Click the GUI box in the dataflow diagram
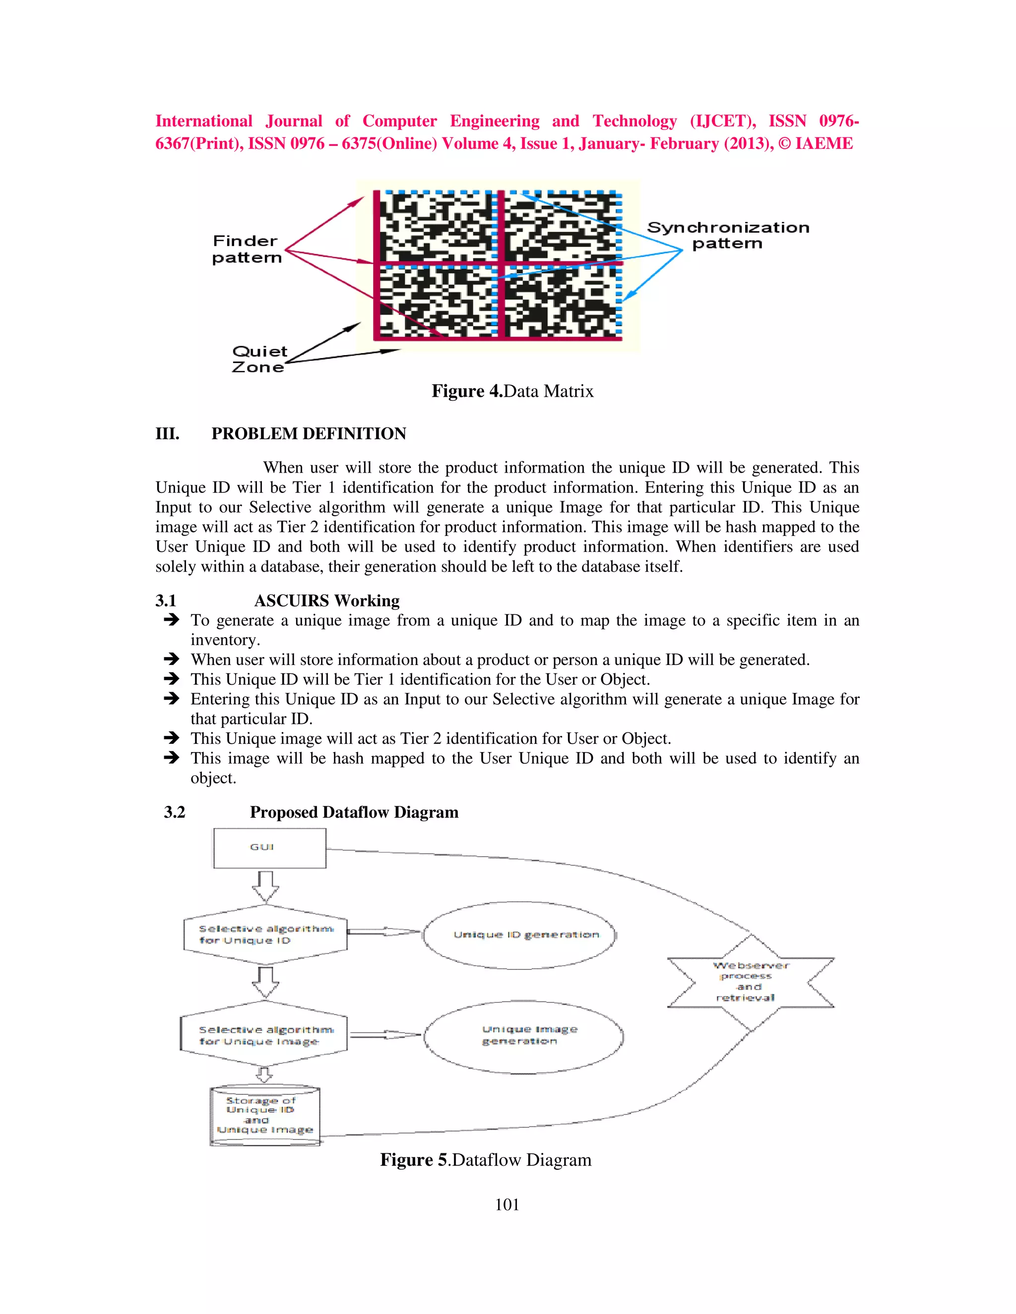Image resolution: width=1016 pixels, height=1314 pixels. [x=270, y=848]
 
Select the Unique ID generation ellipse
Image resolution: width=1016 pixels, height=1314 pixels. [x=520, y=935]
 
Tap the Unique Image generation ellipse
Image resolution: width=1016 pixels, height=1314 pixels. [x=523, y=1036]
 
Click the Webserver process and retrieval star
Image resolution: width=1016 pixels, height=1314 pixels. [x=751, y=982]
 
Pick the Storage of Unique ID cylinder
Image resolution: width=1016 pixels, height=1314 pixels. [x=265, y=1116]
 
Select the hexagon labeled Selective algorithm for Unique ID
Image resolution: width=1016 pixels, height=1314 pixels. [x=265, y=934]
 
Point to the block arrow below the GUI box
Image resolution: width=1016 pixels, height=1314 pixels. [x=265, y=886]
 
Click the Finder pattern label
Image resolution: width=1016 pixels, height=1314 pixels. [x=246, y=249]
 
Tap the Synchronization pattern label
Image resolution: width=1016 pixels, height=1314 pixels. [x=728, y=235]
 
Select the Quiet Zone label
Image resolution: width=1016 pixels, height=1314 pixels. [x=259, y=359]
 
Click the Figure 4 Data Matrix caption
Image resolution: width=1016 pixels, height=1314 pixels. [x=512, y=392]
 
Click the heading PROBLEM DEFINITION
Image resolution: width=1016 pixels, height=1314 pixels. [x=308, y=434]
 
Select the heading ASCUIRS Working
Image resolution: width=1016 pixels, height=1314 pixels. [x=326, y=600]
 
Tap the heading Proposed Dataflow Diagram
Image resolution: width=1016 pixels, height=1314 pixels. [x=354, y=812]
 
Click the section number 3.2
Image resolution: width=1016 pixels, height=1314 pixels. [x=175, y=812]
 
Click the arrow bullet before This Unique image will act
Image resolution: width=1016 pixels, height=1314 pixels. [x=172, y=738]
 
